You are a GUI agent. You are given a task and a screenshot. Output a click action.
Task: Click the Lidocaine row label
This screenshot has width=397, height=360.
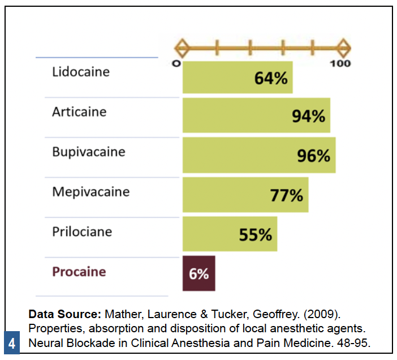coord(81,72)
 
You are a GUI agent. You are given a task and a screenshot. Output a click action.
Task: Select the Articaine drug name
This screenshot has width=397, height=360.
coord(79,112)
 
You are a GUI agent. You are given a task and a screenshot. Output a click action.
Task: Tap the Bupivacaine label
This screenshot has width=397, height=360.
coord(89,152)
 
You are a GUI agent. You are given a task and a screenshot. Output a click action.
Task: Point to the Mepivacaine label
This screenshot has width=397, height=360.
coord(90,192)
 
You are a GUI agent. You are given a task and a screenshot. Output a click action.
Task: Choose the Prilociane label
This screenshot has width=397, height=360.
coord(82,232)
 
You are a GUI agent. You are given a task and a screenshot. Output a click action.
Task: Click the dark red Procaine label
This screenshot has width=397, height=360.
coord(79,272)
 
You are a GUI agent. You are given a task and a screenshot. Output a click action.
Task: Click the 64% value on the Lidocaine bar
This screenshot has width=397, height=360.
coord(271,78)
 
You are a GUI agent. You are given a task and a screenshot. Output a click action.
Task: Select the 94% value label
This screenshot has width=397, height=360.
coord(308,117)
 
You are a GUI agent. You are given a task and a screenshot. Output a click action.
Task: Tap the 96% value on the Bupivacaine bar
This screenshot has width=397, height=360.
coord(314,156)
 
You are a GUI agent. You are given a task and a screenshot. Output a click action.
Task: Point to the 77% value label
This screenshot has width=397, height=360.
coord(287,196)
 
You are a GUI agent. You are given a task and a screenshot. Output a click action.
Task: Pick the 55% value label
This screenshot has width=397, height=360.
coord(256,235)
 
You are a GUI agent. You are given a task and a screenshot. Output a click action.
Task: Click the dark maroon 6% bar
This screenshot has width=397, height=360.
coord(198,274)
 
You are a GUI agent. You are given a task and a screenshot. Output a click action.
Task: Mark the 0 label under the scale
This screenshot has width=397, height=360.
coord(176,63)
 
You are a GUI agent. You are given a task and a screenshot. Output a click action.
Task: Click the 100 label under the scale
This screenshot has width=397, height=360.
coord(340,63)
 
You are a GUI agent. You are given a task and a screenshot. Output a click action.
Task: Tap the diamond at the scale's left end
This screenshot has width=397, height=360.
coord(182,47)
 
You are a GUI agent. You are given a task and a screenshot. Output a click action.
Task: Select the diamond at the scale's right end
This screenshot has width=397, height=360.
coord(343,47)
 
